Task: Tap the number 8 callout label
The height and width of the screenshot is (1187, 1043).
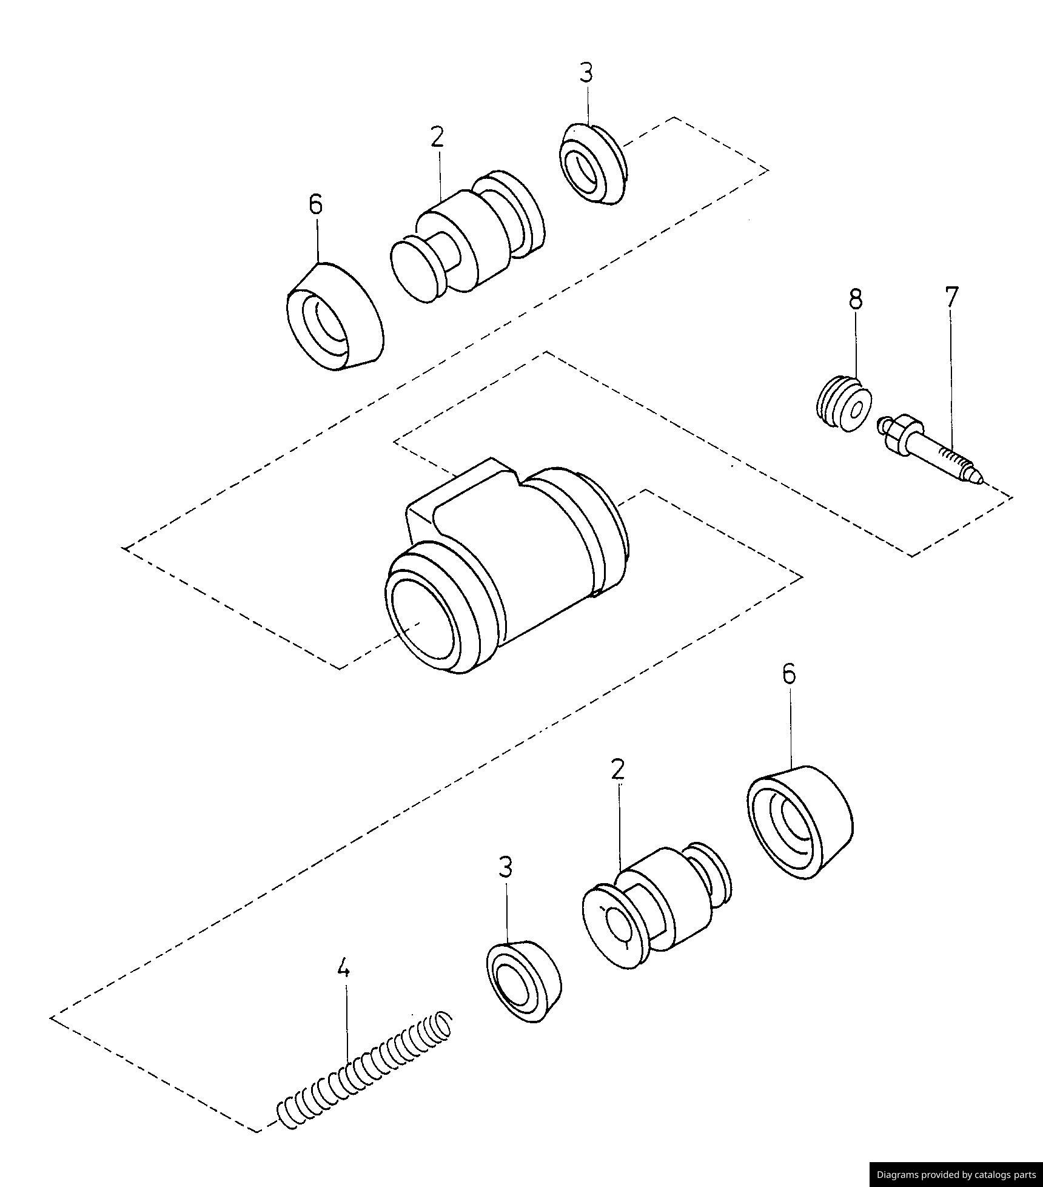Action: pos(855,299)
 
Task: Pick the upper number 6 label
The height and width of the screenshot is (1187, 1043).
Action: pos(315,204)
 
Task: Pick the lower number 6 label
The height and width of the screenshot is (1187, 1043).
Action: pos(788,674)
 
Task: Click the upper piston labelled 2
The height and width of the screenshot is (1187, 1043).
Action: pos(467,243)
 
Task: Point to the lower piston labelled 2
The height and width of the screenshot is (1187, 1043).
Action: pos(655,904)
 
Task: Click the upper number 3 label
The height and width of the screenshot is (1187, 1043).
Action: pos(586,73)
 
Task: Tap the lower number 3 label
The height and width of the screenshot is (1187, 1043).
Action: pos(505,868)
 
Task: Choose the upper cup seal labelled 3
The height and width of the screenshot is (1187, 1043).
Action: pos(591,164)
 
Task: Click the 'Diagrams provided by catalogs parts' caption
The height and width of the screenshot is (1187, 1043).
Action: pos(956,1174)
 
